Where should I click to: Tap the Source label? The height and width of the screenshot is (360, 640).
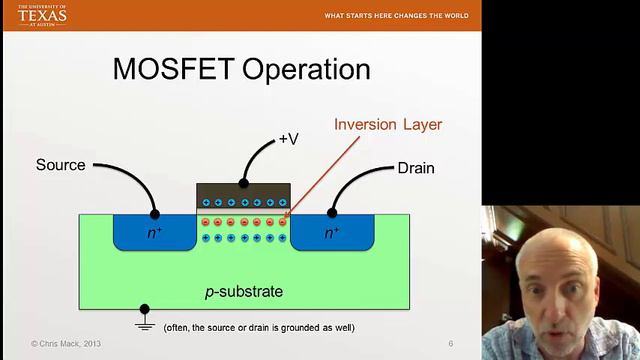click(60, 165)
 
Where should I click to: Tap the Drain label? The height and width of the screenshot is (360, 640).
click(415, 167)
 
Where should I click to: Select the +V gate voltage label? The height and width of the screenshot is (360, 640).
click(288, 139)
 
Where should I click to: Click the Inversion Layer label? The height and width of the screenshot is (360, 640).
click(387, 125)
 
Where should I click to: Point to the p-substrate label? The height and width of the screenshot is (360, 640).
click(244, 292)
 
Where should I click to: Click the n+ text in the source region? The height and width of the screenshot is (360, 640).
click(154, 232)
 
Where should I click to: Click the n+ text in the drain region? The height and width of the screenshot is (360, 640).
click(332, 232)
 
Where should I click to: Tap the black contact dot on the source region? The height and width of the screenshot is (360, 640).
click(154, 213)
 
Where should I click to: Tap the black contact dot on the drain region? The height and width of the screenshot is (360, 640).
click(331, 213)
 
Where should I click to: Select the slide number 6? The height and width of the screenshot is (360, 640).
click(451, 344)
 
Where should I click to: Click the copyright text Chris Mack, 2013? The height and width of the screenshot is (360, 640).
click(66, 344)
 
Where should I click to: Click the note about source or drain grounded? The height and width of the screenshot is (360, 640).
click(258, 328)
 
